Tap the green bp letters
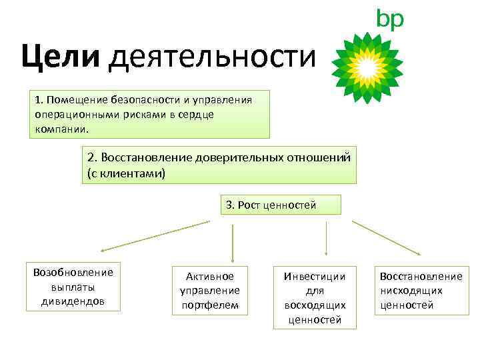pyautogui.click(x=390, y=19)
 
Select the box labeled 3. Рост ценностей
pyautogui.click(x=279, y=205)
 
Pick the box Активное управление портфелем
pyautogui.click(x=210, y=291)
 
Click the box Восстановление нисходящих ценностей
pyautogui.click(x=421, y=291)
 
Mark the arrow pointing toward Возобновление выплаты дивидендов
pyautogui.click(x=153, y=237)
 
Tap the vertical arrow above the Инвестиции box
pyautogui.click(x=325, y=238)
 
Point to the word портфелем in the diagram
pyautogui.click(x=210, y=306)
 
